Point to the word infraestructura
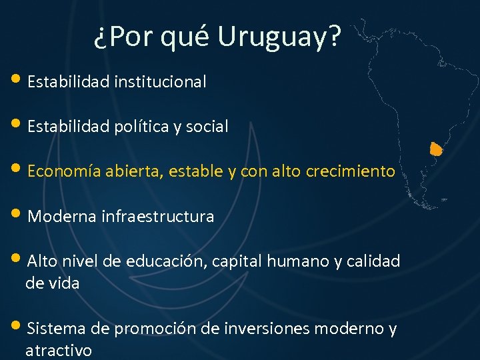click(158, 217)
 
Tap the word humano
click(292, 261)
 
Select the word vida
click(65, 283)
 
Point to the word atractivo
click(59, 351)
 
